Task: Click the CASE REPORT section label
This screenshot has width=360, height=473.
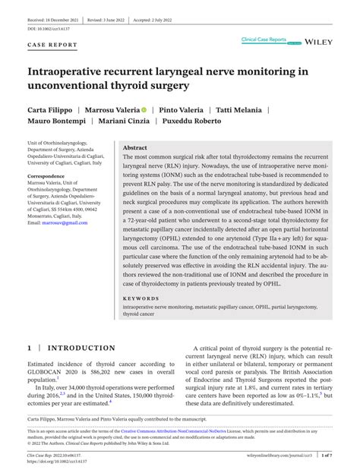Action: point(52,46)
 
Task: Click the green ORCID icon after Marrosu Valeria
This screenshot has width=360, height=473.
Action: point(144,109)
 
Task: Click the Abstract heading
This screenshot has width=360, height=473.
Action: point(135,148)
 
